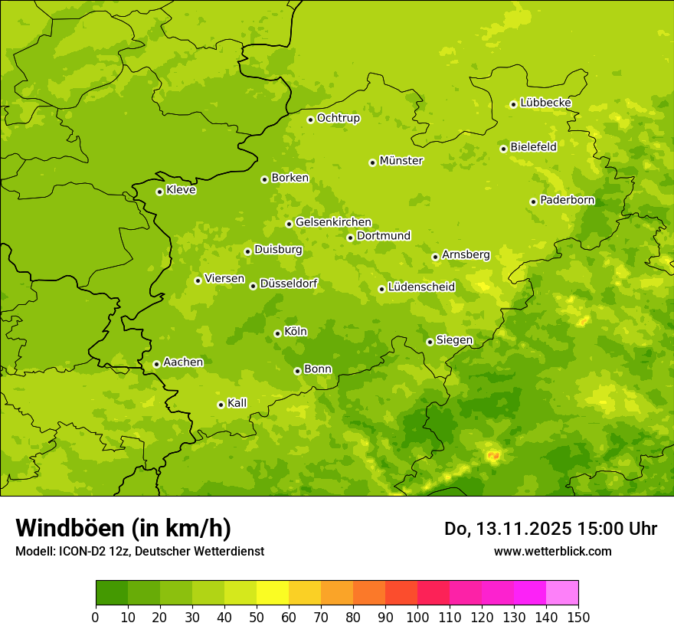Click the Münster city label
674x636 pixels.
pos(401,161)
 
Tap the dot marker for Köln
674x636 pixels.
pos(277,333)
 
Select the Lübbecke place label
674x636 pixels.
pos(545,103)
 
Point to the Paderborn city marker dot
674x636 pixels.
pos(533,202)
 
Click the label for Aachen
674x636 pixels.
pos(183,362)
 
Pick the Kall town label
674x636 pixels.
pos(237,403)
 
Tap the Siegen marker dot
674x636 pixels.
pos(430,342)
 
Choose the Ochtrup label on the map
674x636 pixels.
pos(338,118)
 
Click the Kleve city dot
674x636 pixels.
pos(159,192)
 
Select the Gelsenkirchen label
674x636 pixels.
pos(333,222)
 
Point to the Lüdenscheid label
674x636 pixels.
pos(421,287)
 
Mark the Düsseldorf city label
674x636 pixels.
pos(289,284)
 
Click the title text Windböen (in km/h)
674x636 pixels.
pos(123,528)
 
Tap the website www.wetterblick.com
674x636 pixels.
pos(552,551)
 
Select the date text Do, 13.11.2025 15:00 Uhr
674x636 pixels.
pos(551,529)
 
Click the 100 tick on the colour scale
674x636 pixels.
pos(417,617)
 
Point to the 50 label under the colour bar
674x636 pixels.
pos(257,617)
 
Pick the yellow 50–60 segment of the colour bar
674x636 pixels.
pos(273,593)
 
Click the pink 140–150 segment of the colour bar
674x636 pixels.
pos(562,593)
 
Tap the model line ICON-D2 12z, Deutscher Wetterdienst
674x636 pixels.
pos(139,551)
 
